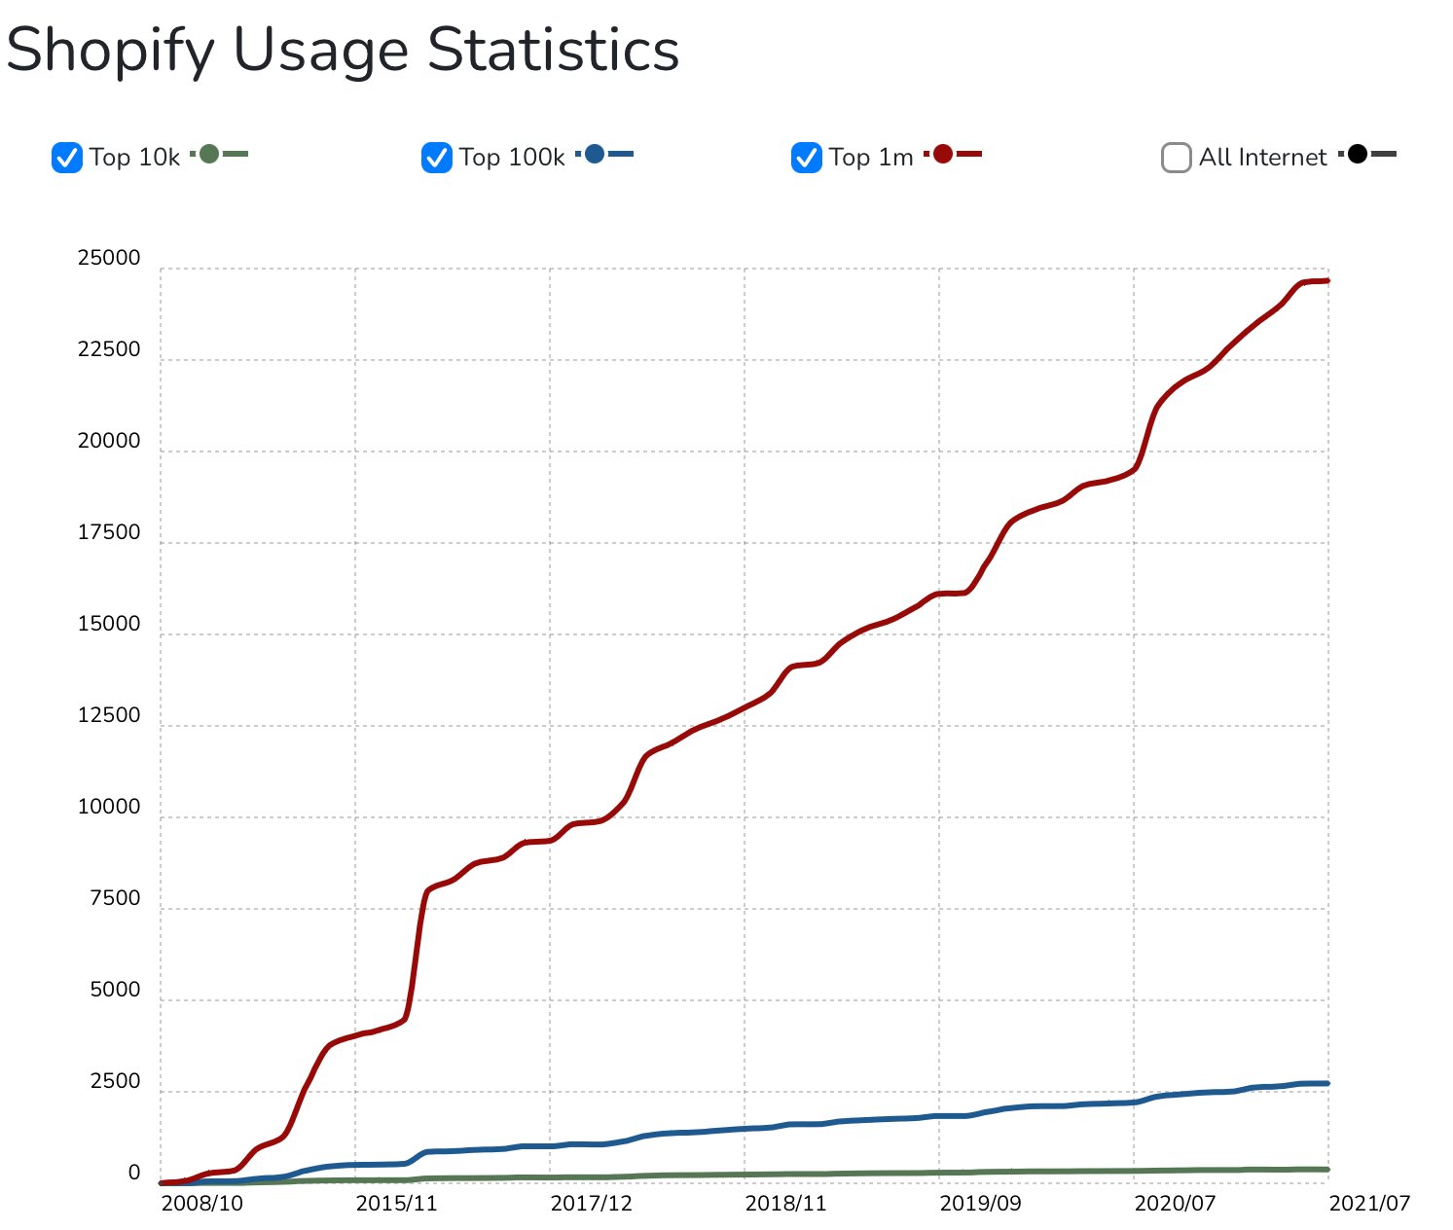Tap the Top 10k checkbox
pos(66,157)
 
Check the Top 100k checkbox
pos(436,157)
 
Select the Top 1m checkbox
pos(807,157)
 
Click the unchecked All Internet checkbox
pos(1176,157)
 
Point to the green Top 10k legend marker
pos(209,154)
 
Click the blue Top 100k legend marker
pos(595,154)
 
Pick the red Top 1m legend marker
pos(942,154)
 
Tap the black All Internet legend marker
pos(1358,154)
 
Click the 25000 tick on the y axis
pos(109,259)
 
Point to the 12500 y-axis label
pos(109,715)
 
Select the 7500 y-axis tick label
pos(115,898)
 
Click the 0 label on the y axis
pos(134,1173)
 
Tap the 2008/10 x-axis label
pos(202,1203)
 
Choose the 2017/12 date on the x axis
pos(592,1203)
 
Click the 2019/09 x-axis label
pos(981,1203)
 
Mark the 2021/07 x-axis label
pos(1369,1203)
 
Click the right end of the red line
pos(1326,281)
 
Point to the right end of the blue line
pos(1326,1083)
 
